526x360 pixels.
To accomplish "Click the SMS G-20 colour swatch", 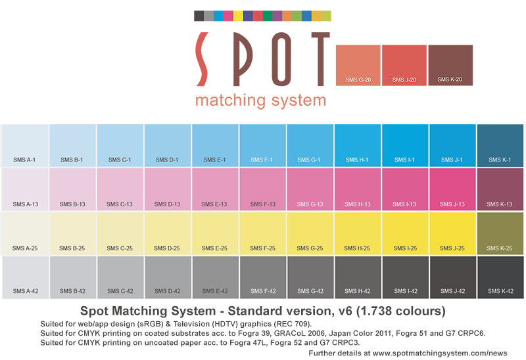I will coord(358,65).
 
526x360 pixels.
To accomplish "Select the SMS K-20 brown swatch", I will coord(450,65).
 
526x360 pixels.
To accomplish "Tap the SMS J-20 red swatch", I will coord(404,65).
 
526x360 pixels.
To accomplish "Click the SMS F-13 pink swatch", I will coord(262,189).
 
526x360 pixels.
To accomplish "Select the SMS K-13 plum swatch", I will coord(500,189).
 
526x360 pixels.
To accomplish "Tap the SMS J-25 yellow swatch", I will coord(452,233).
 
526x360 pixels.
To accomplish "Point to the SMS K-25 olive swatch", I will coord(500,233).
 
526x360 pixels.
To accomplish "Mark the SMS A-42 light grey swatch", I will coord(25,277).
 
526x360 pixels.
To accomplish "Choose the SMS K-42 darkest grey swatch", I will coord(500,277).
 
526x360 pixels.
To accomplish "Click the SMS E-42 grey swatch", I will coord(215,277).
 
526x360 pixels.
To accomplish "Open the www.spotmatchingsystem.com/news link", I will coord(440,353).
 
